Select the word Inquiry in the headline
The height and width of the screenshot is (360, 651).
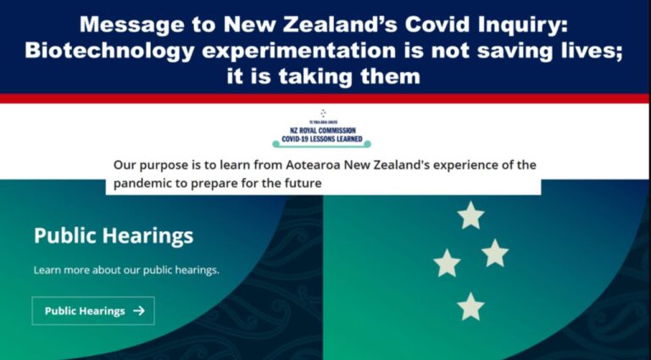[526, 23]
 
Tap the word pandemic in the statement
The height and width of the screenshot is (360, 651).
[143, 183]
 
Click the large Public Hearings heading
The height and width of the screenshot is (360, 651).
[114, 235]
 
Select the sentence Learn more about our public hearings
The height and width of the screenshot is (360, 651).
[126, 270]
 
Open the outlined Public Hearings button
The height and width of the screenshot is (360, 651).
[93, 311]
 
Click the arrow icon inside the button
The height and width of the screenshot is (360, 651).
[139, 311]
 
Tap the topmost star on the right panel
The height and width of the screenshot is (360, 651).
[470, 215]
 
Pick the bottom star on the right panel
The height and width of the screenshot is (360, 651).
[470, 306]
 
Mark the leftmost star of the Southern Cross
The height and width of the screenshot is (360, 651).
[447, 263]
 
